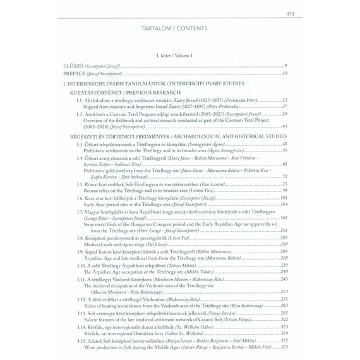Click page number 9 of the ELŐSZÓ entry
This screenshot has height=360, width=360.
coord(285,66)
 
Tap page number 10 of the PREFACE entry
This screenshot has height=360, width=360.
coord(285,73)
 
